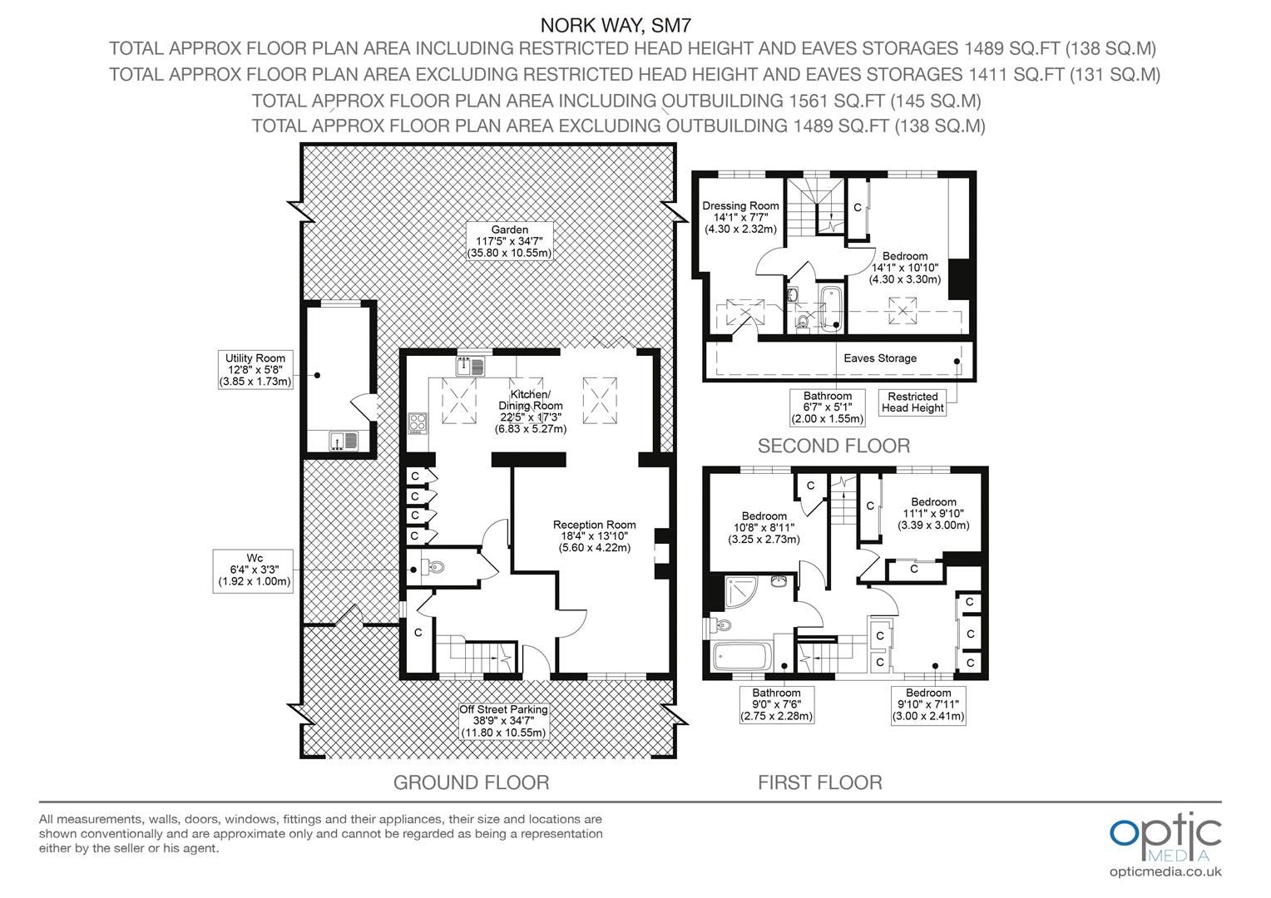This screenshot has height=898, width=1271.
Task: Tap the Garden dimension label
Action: coord(509,241)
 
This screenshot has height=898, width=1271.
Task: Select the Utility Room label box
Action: coord(255,370)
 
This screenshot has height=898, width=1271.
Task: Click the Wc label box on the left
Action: coord(255,569)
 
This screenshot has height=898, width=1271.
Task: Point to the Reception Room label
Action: coord(594,535)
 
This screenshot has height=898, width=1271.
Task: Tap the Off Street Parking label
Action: coord(503,721)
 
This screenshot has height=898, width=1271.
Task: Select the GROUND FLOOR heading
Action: coord(471,782)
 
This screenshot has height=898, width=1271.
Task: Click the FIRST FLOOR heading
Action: coord(819,782)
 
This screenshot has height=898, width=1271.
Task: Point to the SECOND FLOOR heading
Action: coord(833,446)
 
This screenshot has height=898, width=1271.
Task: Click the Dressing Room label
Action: coord(740,217)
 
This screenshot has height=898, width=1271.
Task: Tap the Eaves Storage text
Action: coord(880,358)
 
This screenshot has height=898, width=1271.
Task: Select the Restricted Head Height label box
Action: coord(912,402)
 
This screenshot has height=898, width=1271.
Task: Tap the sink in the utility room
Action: coord(342,441)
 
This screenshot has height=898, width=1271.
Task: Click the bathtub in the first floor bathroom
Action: coord(742,659)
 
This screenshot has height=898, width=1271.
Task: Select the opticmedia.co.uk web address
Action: coord(1165,871)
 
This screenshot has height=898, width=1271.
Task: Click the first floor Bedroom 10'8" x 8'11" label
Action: coord(766,527)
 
